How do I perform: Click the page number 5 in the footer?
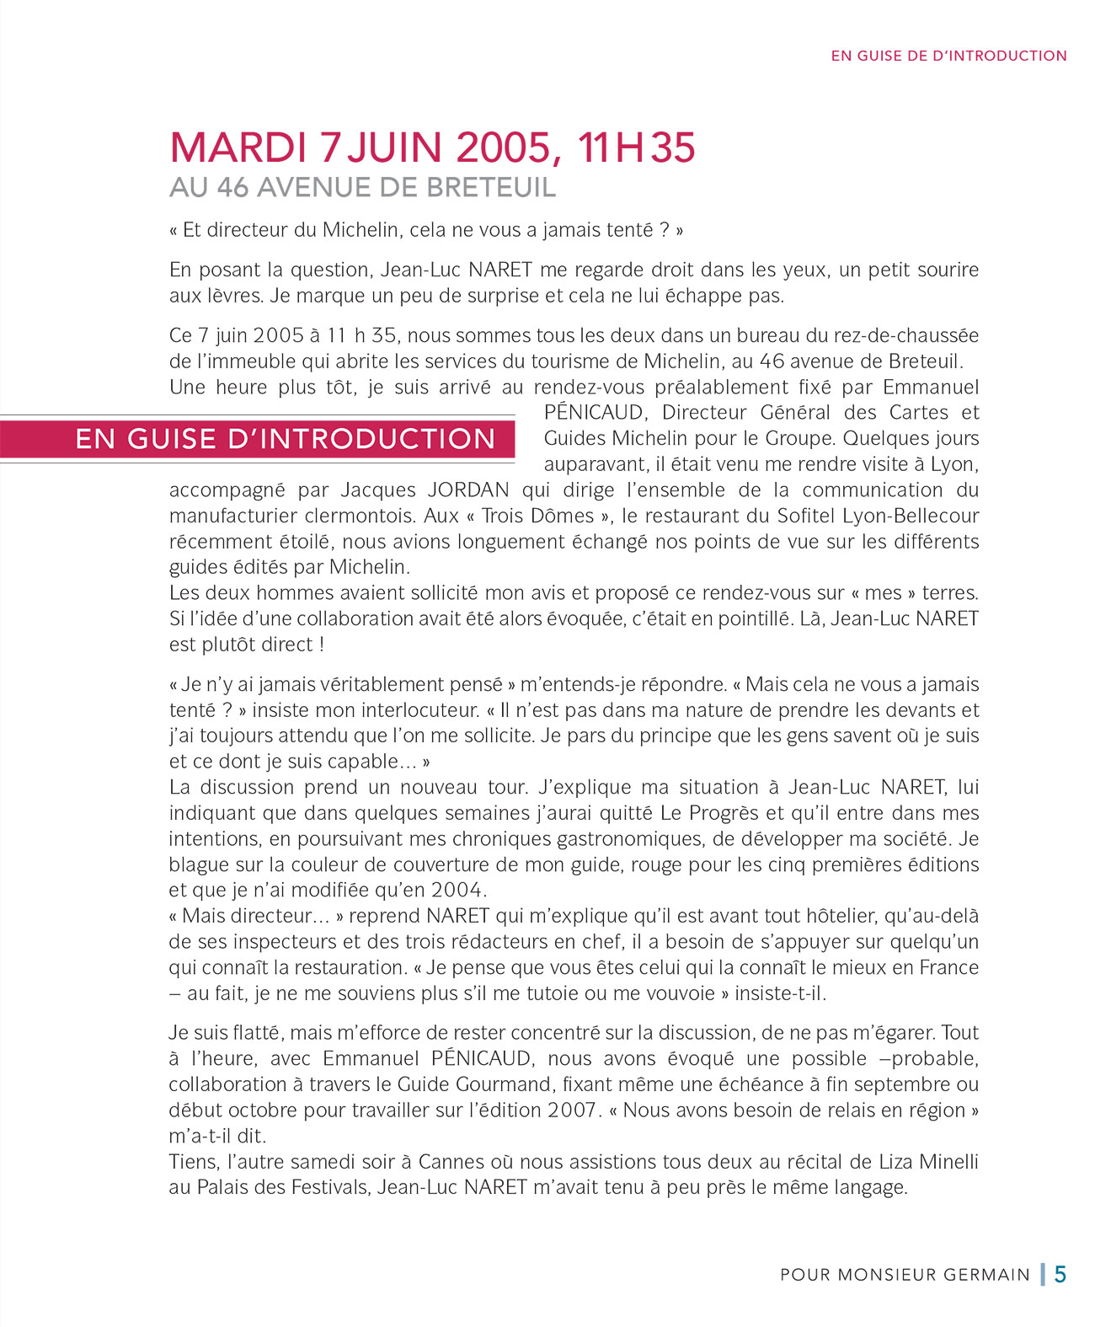(1060, 1274)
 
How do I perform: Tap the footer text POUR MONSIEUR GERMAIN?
(905, 1275)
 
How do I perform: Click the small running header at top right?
(948, 56)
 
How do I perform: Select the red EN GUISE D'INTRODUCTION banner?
(285, 439)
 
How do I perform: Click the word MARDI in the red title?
(238, 147)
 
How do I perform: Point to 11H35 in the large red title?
(636, 147)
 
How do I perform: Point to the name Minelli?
(942, 1162)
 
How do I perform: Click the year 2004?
(459, 891)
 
